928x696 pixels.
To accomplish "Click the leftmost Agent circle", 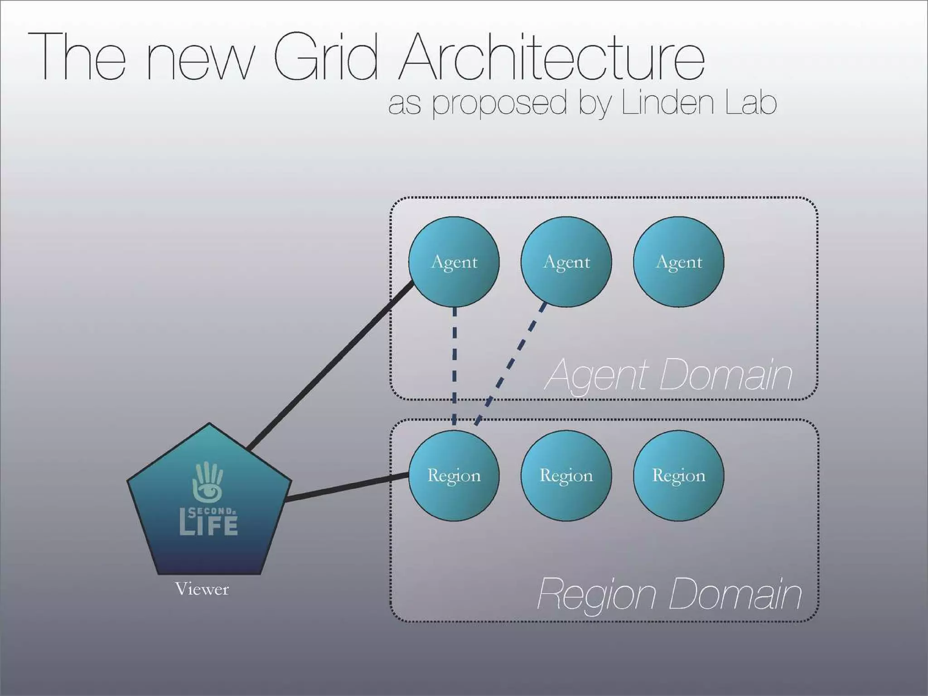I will coord(454,262).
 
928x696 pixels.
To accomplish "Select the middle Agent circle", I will coord(566,262).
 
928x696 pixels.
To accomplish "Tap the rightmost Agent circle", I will coord(678,262).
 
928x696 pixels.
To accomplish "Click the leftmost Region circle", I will coord(454,476).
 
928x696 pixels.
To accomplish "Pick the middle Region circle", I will coord(566,476).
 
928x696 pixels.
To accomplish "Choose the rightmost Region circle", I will coord(678,476).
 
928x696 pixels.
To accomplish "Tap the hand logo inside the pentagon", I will coord(208,480).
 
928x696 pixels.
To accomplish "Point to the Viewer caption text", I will coord(202,589).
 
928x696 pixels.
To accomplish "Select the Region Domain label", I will coord(669,594).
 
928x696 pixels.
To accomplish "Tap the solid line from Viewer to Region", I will coord(347,487).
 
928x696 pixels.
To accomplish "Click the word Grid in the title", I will coord(325,58).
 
